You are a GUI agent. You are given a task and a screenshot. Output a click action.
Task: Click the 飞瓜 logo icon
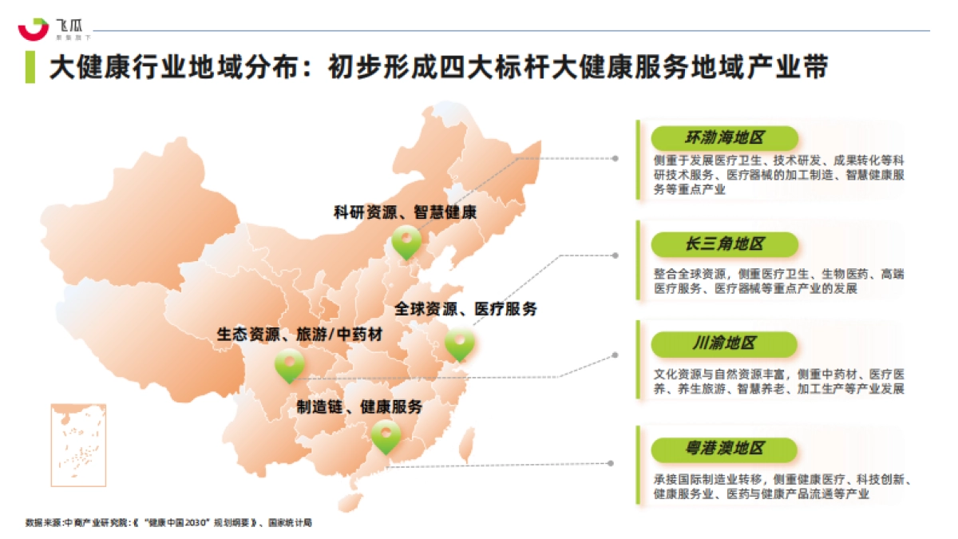[34, 28]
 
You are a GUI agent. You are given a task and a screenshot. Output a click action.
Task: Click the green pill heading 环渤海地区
[724, 137]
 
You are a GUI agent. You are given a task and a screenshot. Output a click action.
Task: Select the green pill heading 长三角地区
[724, 244]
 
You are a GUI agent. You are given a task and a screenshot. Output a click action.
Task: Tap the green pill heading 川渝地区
[724, 344]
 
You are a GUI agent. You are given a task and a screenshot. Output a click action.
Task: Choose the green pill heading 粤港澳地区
[724, 449]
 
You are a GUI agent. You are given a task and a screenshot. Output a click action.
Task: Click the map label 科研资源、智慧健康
[405, 212]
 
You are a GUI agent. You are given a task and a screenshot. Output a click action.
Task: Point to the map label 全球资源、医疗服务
[465, 309]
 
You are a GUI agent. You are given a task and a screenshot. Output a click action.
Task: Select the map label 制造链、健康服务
[360, 406]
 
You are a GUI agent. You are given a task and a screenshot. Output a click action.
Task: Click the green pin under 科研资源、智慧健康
[406, 241]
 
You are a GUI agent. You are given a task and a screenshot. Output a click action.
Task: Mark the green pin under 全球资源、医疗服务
[460, 344]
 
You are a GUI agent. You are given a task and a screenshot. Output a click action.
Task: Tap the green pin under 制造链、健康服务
[386, 436]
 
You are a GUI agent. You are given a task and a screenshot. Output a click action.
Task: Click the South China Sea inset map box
[78, 445]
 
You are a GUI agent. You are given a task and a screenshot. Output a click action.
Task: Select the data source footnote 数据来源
[168, 523]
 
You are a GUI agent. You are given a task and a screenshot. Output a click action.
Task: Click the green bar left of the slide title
[30, 67]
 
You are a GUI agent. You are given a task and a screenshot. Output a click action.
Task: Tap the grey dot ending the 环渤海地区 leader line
[615, 158]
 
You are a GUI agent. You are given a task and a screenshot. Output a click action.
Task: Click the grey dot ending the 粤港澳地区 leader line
[610, 463]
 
